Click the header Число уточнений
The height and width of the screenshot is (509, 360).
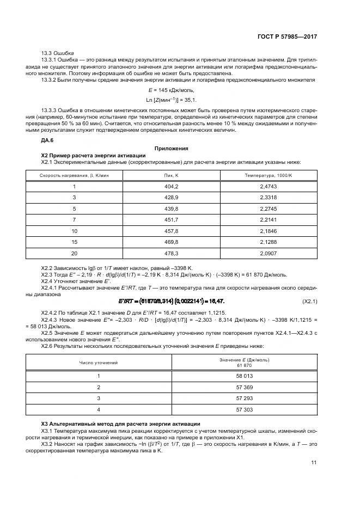click(99, 362)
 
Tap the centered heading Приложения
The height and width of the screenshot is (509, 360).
click(171, 148)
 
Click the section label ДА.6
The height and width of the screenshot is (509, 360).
click(47, 140)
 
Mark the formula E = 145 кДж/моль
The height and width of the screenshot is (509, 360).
click(171, 90)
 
